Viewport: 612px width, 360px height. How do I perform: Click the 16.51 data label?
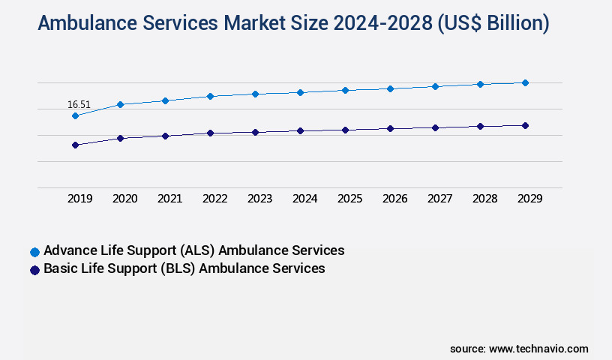click(79, 104)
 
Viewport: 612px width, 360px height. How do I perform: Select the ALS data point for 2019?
click(75, 115)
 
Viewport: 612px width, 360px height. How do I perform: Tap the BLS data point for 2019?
click(75, 145)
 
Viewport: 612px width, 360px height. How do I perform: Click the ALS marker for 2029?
click(525, 82)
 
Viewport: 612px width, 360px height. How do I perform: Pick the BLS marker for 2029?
click(525, 125)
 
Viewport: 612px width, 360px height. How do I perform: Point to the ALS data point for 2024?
click(300, 92)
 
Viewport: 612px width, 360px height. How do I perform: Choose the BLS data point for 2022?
click(210, 133)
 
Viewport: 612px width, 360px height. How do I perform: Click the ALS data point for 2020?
click(120, 104)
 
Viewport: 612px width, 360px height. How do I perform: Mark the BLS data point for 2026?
click(390, 128)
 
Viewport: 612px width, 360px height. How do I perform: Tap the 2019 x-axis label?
click(80, 199)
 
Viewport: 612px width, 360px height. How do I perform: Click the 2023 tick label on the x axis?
click(260, 199)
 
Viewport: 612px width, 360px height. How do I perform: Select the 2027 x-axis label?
click(440, 199)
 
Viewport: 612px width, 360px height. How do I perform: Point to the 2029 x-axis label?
click(529, 199)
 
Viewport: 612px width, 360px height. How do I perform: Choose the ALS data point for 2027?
click(435, 86)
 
